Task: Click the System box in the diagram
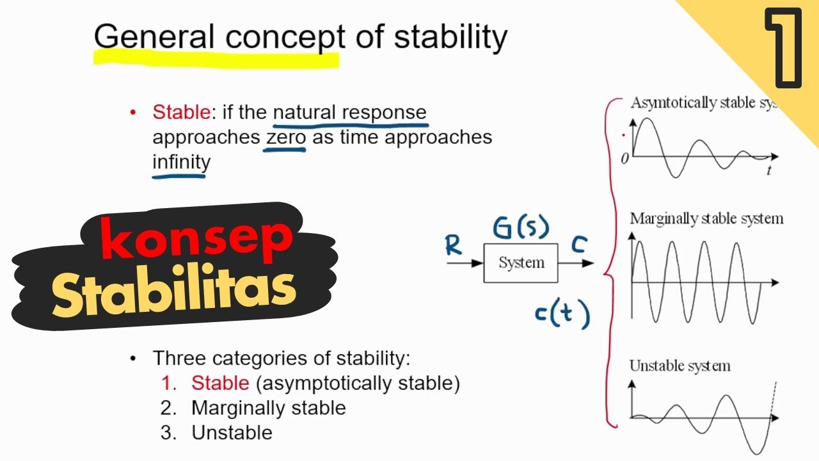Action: pos(521,263)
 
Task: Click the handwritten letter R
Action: pos(454,245)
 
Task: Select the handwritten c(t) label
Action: pos(561,314)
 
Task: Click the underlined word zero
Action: pos(285,137)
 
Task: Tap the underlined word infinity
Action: pos(180,162)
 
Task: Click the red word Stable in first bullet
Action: pos(180,113)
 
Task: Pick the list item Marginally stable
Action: pos(268,408)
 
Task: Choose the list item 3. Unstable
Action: pos(218,432)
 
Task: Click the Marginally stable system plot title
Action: pos(706,218)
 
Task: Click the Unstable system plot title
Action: pos(680,366)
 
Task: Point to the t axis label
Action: pos(768,170)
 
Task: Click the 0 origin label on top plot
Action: pos(624,159)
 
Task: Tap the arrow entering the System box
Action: pos(465,263)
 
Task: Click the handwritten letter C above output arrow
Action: pos(579,244)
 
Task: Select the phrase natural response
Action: pos(349,113)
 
